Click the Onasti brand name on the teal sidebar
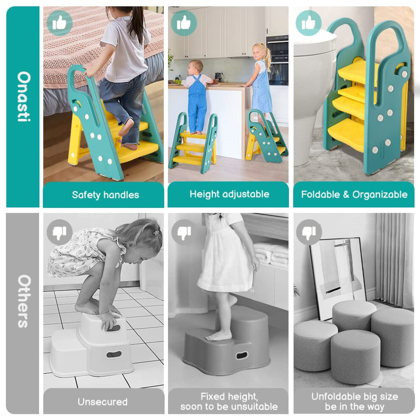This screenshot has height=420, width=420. coord(24,97)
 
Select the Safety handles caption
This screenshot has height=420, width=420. coord(106,195)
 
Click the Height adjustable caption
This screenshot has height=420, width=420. coord(230,194)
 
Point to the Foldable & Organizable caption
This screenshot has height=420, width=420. coord(354,194)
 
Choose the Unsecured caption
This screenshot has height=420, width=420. coord(103,402)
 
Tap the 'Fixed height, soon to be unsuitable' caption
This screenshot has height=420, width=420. coord(229,401)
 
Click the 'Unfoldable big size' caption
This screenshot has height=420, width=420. coord(355,396)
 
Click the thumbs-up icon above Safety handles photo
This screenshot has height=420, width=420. coord(59,23)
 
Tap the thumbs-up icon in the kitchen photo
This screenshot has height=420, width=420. coord(184,23)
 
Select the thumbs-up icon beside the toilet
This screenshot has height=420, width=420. coord(308,23)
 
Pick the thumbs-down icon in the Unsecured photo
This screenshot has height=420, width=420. coord(59,232)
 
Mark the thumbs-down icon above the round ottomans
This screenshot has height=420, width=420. coord(309,232)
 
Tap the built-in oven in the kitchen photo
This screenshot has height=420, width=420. coord(277,60)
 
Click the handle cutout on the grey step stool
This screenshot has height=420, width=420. coord(242,355)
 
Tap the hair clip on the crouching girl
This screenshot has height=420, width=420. coord(156,232)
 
